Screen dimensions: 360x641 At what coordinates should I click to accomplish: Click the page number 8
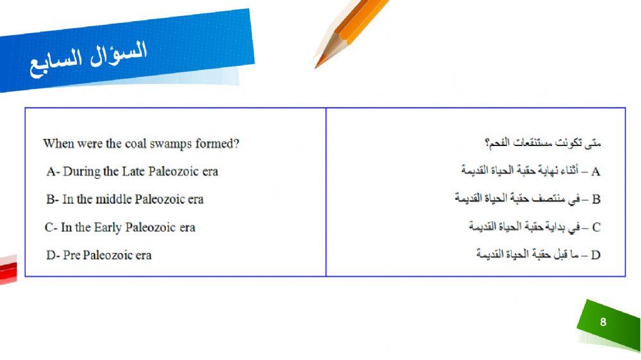point(603,322)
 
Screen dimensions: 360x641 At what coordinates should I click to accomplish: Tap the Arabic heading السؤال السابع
point(88,58)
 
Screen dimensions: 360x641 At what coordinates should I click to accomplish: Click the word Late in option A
point(133,172)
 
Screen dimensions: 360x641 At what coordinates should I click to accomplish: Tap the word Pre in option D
point(72,255)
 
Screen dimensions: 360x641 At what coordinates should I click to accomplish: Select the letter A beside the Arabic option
point(596,172)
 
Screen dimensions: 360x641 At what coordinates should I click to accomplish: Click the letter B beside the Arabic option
point(596,199)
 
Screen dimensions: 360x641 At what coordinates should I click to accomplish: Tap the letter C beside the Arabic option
point(596,227)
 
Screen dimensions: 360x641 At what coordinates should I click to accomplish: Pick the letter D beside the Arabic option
point(596,255)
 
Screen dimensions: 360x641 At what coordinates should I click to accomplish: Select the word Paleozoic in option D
point(108,255)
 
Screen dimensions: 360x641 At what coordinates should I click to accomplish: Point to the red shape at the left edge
point(7,269)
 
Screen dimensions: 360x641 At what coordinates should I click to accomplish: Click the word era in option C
point(187,227)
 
